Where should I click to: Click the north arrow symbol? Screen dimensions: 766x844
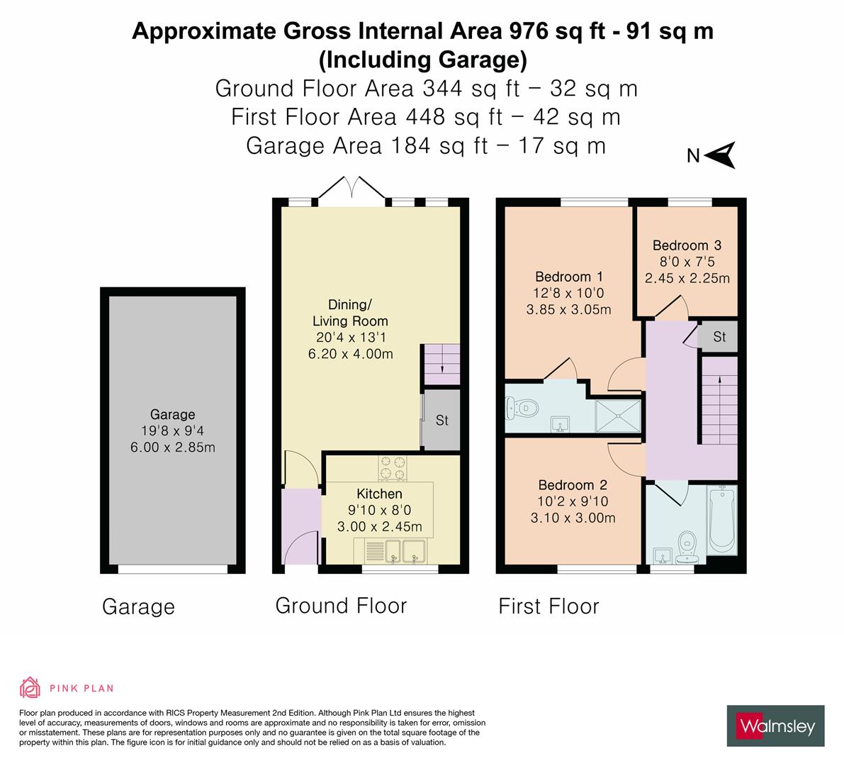pyautogui.click(x=721, y=155)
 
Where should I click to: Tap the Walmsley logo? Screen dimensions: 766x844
pyautogui.click(x=775, y=726)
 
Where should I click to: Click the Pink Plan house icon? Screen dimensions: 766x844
pyautogui.click(x=30, y=687)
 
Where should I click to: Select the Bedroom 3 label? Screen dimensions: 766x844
pyautogui.click(x=687, y=245)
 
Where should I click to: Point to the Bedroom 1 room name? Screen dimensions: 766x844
pyautogui.click(x=568, y=277)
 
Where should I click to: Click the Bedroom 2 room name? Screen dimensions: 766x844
pyautogui.click(x=573, y=485)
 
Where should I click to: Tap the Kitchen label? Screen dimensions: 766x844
pyautogui.click(x=379, y=494)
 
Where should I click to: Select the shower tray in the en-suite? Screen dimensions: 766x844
pyautogui.click(x=618, y=416)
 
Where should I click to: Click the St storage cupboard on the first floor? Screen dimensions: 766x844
pyautogui.click(x=719, y=337)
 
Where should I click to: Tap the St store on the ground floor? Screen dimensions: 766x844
pyautogui.click(x=441, y=421)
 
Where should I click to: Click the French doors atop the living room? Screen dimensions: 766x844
pyautogui.click(x=352, y=189)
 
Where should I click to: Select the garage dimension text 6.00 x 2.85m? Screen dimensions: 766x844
pyautogui.click(x=172, y=447)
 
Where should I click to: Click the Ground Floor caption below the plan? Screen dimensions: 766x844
pyautogui.click(x=341, y=606)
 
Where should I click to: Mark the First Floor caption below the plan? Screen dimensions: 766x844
pyautogui.click(x=548, y=606)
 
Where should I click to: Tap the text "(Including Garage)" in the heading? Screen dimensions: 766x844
pyautogui.click(x=422, y=60)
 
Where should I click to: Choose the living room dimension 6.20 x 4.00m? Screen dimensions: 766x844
pyautogui.click(x=351, y=354)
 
